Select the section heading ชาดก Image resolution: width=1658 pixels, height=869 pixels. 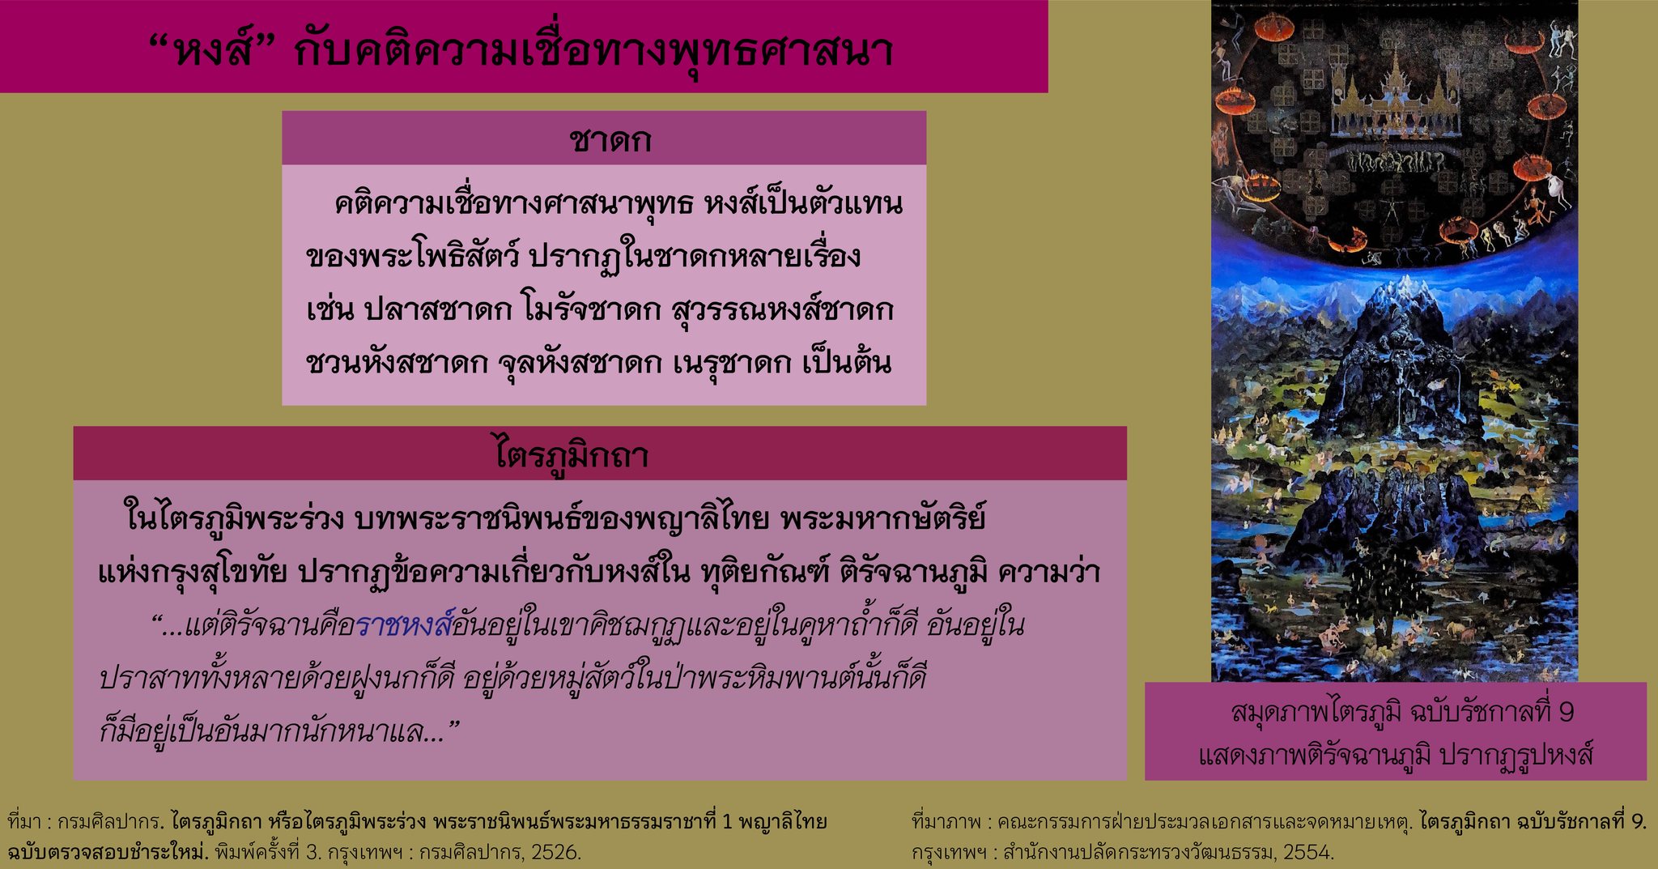pyautogui.click(x=610, y=140)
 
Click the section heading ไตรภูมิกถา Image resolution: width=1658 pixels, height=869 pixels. pyautogui.click(x=572, y=454)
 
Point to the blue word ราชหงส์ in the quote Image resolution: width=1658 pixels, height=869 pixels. pyautogui.click(x=402, y=624)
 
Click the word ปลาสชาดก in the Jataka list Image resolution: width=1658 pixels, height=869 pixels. pyautogui.click(x=438, y=310)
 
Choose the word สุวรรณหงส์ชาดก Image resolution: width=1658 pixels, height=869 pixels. pyautogui.click(x=782, y=310)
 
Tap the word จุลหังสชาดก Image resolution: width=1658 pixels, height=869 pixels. pyautogui.click(x=580, y=363)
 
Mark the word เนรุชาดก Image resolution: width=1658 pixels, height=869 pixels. pyautogui.click(x=732, y=363)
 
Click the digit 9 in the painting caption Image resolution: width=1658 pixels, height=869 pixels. pyautogui.click(x=1566, y=713)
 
